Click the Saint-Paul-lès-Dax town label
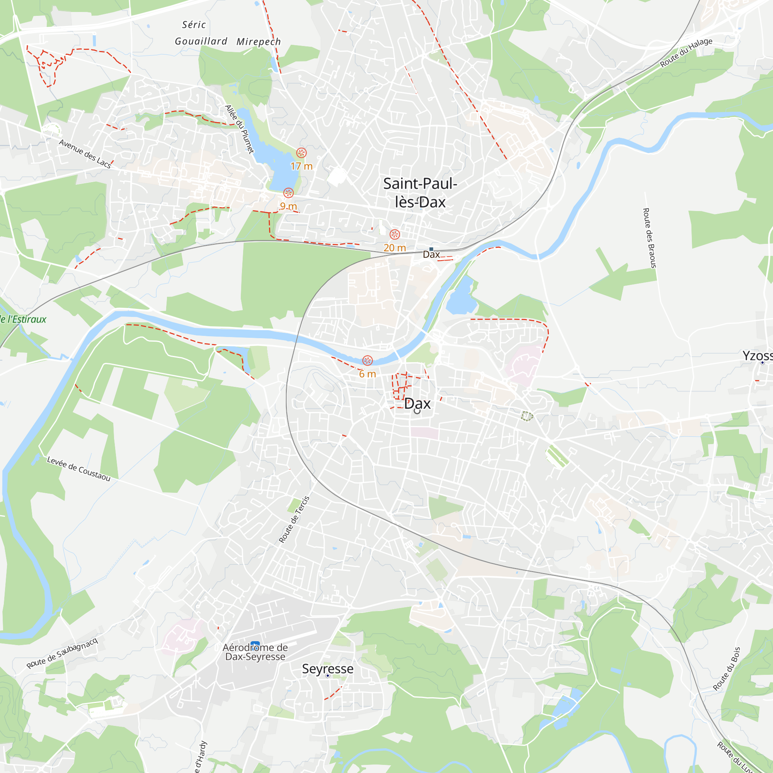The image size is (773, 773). pos(420,192)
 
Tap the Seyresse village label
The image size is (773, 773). pos(328,669)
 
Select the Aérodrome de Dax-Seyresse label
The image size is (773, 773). pos(255,652)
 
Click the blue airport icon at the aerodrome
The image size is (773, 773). pos(255,645)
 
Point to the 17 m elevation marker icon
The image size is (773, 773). pos(301,152)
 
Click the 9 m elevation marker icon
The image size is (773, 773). pos(288,193)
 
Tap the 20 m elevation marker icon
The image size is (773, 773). pos(395,235)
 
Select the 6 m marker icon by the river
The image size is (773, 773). pos(367,361)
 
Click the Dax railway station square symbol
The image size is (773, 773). pos(431,249)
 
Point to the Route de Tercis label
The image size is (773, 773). pos(294,519)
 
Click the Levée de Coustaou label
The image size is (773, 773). pos(79,468)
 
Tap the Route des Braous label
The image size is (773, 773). pos(649,238)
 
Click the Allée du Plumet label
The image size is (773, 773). pos(240,129)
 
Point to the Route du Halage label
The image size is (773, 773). pos(686,53)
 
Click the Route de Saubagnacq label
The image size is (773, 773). pos(62,653)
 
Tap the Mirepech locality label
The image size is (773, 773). pos(259,42)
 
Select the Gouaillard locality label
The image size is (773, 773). pos(201,41)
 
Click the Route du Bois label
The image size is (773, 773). pos(727,669)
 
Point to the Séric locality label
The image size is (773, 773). pos(194,25)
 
